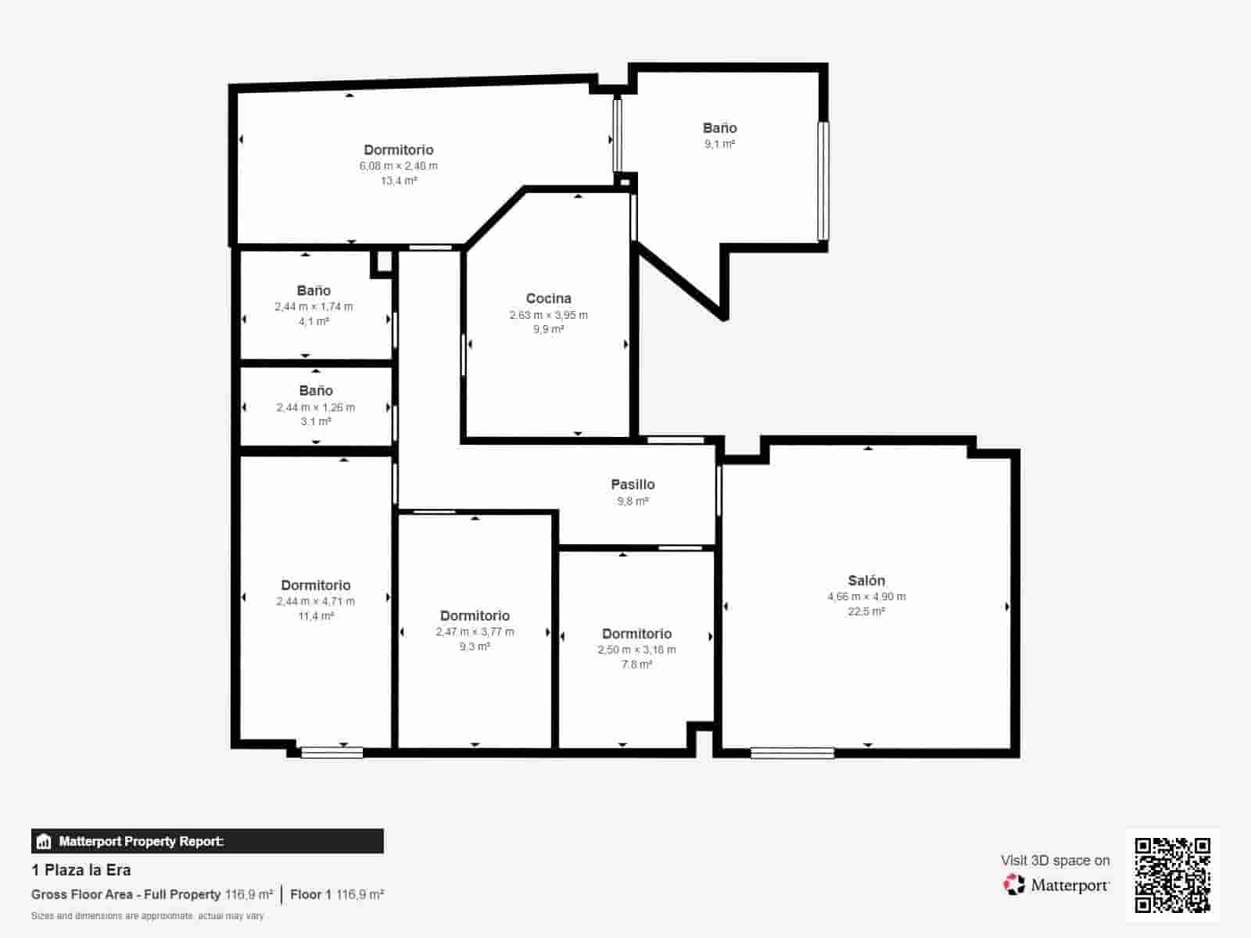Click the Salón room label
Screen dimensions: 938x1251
866,580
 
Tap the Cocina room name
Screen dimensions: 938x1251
548,298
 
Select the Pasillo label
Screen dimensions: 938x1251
633,484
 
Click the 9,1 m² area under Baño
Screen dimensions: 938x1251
719,144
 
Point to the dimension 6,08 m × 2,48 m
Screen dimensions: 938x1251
398,166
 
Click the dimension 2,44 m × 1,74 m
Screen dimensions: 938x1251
314,306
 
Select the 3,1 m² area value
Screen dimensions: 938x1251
316,421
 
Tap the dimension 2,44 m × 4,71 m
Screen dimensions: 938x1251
315,601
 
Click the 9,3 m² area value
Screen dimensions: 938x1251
475,646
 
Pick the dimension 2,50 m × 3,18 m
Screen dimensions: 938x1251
636,650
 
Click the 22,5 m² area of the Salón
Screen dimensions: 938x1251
866,611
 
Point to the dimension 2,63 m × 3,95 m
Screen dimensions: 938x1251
548,315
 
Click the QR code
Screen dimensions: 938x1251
1172,875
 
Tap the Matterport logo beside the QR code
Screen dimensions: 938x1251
1056,885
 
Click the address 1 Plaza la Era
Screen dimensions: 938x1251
81,870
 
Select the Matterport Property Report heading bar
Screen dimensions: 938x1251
207,841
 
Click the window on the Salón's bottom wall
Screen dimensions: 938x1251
792,754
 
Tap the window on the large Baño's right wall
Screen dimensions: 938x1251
823,181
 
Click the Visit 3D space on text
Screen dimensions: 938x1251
1055,860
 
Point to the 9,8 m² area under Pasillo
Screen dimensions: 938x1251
633,501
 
